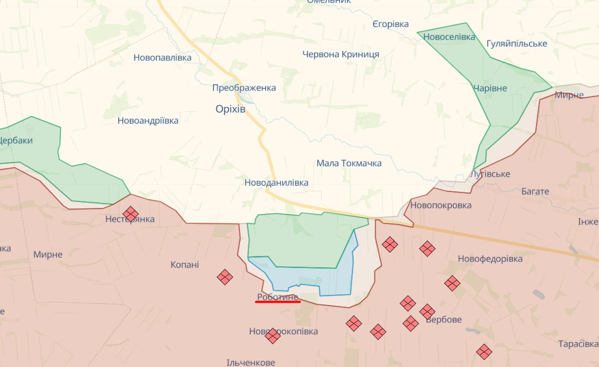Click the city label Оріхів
(x=230, y=109)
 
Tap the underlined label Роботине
(x=278, y=297)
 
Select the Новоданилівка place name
(x=276, y=182)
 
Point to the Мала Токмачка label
(x=349, y=163)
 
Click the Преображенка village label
(x=244, y=88)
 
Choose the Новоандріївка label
(x=148, y=120)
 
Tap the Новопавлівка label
(x=163, y=57)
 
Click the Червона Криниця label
(x=341, y=54)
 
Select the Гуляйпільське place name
(x=516, y=43)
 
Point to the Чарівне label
(x=490, y=88)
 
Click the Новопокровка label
(x=441, y=205)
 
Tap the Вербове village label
(x=444, y=320)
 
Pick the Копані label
(x=185, y=264)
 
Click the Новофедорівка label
(x=490, y=259)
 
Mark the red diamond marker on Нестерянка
(x=130, y=213)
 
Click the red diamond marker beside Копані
(x=225, y=277)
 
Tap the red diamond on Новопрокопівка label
(x=272, y=335)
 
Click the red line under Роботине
(x=278, y=302)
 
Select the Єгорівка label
(x=390, y=24)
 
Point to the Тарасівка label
(x=578, y=344)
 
